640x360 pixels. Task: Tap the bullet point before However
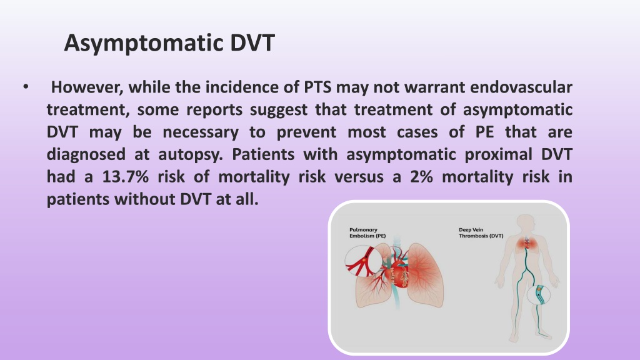click(x=26, y=86)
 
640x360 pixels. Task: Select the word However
click(x=87, y=87)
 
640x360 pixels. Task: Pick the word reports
click(x=214, y=110)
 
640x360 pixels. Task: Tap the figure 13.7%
click(x=125, y=177)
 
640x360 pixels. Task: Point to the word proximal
click(x=498, y=155)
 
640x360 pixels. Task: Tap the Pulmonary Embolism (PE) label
click(x=367, y=232)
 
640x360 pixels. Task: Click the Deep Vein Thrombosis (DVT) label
click(x=481, y=232)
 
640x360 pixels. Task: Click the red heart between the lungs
click(x=396, y=275)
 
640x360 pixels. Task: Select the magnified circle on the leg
click(x=539, y=295)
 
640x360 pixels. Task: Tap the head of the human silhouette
click(x=526, y=224)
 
